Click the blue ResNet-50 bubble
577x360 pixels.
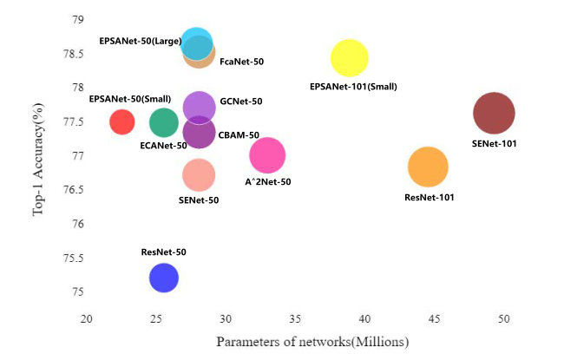click(x=164, y=278)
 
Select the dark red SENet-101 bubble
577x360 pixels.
click(x=495, y=113)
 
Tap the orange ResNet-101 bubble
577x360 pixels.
click(x=428, y=167)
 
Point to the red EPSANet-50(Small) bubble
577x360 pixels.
click(x=122, y=122)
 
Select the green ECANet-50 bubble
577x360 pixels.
click(x=163, y=122)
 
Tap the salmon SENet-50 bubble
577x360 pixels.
click(x=199, y=175)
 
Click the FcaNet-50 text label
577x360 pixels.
click(x=242, y=62)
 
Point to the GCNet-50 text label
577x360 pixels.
click(x=241, y=101)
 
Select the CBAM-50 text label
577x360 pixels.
click(x=239, y=134)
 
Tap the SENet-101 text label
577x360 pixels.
click(x=495, y=143)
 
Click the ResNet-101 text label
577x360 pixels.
click(x=429, y=198)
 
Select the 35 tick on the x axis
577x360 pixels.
click(x=296, y=319)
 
